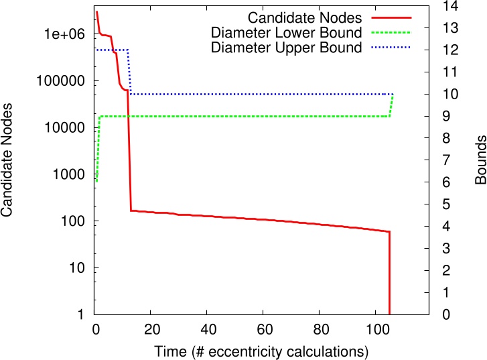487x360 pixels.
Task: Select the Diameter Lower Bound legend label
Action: [287, 32]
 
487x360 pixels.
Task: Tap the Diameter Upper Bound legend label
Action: [287, 48]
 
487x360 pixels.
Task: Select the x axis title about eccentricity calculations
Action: [263, 351]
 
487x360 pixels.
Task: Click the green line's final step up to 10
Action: [391, 105]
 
